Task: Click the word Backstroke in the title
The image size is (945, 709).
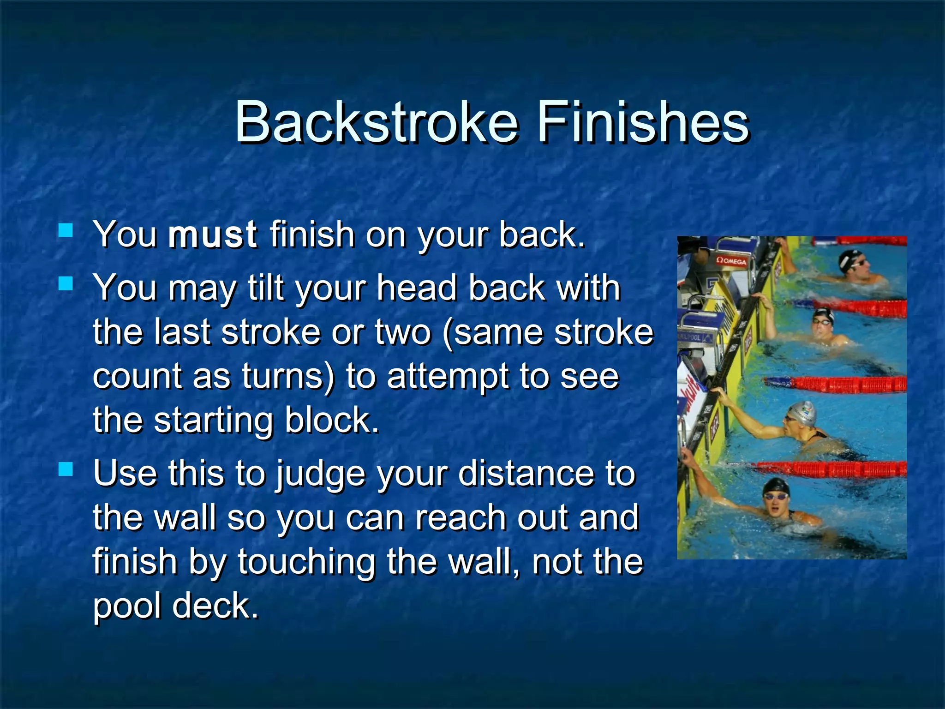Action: (376, 123)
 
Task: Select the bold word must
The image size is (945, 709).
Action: (212, 234)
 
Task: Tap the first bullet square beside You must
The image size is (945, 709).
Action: (66, 230)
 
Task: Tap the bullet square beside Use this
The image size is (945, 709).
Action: (66, 469)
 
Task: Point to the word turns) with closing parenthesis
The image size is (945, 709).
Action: (288, 376)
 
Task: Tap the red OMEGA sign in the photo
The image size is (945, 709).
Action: (731, 261)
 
